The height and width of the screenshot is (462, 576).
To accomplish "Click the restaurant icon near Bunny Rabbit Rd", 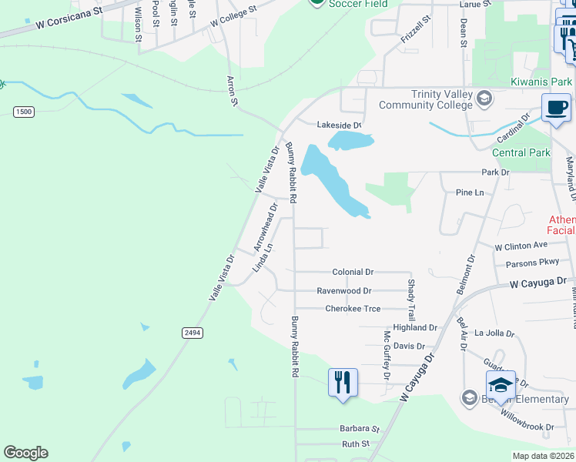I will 343,383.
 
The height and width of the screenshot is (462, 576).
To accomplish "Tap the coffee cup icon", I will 556,109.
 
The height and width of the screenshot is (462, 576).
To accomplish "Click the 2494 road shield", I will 193,333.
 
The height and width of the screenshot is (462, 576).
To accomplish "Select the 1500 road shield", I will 24,112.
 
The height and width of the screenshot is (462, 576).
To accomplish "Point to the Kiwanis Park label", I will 542,82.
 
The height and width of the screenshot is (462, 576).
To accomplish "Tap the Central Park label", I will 521,152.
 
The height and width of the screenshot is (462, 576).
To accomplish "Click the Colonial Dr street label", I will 353,272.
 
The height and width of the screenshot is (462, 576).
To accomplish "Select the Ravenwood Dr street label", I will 344,291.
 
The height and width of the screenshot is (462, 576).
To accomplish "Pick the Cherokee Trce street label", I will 353,309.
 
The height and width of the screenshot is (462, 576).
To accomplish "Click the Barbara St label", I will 360,428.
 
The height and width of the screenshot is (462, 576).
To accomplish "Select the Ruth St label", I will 356,444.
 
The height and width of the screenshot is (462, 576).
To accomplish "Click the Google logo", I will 25,453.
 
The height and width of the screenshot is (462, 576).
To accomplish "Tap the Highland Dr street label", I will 414,328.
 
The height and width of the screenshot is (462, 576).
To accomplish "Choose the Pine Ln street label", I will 470,192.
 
